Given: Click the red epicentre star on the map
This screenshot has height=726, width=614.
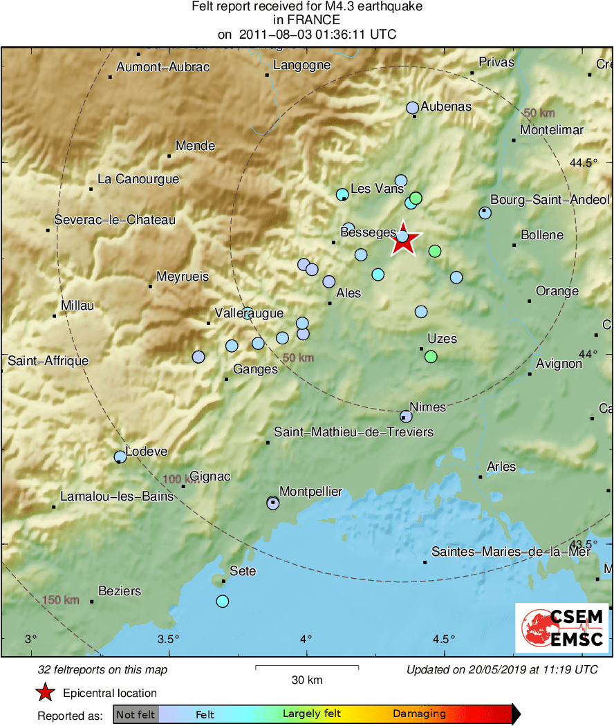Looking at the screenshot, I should (404, 240).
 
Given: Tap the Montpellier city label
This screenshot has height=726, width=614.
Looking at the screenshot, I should (311, 492).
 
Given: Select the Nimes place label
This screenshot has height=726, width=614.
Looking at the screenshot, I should (428, 407).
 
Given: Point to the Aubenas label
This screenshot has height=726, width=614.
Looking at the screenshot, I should (446, 106).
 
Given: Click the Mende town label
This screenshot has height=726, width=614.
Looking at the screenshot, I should (195, 146).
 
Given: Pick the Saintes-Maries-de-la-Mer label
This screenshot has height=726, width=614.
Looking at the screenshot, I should (511, 552).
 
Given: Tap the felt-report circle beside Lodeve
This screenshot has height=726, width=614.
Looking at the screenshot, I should (120, 456).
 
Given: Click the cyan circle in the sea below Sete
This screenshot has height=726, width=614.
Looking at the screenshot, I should (222, 601).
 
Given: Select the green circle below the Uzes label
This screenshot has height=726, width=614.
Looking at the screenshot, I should (431, 357).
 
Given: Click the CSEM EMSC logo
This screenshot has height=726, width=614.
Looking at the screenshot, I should (562, 629).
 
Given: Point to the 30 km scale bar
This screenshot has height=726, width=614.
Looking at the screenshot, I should (307, 667).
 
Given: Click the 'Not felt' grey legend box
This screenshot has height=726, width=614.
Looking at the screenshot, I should (136, 714).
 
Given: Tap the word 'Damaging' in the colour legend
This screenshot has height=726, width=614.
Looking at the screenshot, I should (419, 714).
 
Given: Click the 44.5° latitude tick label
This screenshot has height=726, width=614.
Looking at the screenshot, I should (584, 163).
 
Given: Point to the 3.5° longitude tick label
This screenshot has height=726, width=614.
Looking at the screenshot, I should (168, 639).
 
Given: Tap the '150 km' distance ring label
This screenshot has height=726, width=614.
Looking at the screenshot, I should (61, 599).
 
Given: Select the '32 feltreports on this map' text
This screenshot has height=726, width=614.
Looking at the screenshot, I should (103, 670).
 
